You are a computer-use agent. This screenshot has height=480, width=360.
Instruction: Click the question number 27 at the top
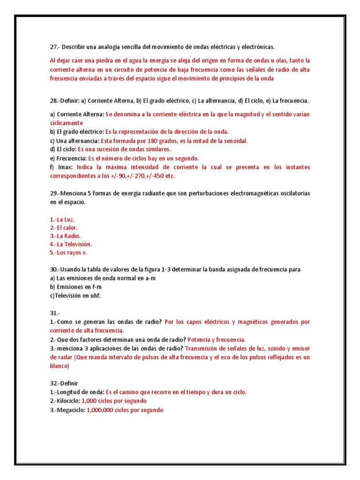pyautogui.click(x=54, y=47)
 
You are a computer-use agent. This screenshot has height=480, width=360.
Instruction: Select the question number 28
pyautogui.click(x=54, y=101)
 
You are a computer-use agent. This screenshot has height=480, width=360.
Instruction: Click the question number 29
pyautogui.click(x=54, y=194)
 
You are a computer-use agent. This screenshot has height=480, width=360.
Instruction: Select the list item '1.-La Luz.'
pyautogui.click(x=62, y=219)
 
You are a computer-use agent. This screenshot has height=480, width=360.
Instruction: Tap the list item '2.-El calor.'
pyautogui.click(x=64, y=227)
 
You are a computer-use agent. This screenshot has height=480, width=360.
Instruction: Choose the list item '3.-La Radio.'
pyautogui.click(x=65, y=236)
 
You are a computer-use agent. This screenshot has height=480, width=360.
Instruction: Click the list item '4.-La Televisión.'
pyautogui.click(x=71, y=244)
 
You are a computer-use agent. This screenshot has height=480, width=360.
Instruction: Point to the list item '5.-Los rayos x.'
pyautogui.click(x=68, y=253)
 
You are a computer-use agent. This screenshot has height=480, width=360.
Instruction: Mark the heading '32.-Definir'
pyautogui.click(x=66, y=383)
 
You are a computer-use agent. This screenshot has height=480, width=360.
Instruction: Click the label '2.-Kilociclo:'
pyautogui.click(x=65, y=401)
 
